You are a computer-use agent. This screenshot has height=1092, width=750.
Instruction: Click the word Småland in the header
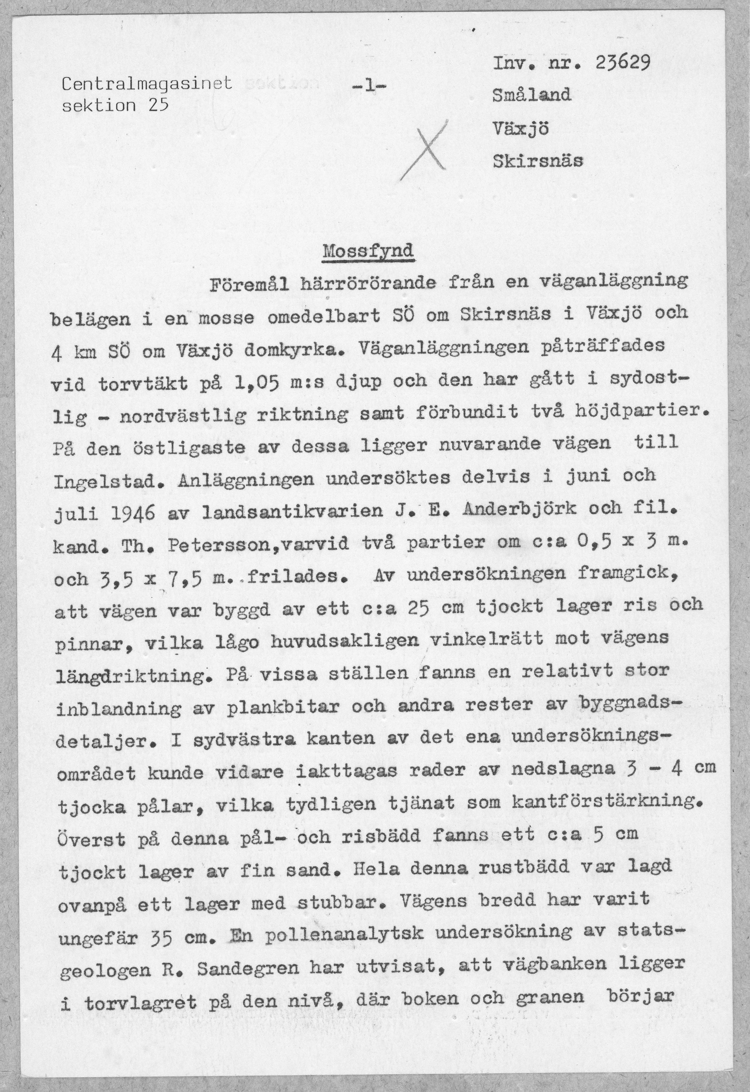531,95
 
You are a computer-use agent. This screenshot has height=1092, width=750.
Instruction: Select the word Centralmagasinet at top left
147,84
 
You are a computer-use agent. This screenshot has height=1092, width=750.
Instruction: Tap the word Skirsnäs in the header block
537,161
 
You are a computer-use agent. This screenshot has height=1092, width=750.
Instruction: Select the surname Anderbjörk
520,509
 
